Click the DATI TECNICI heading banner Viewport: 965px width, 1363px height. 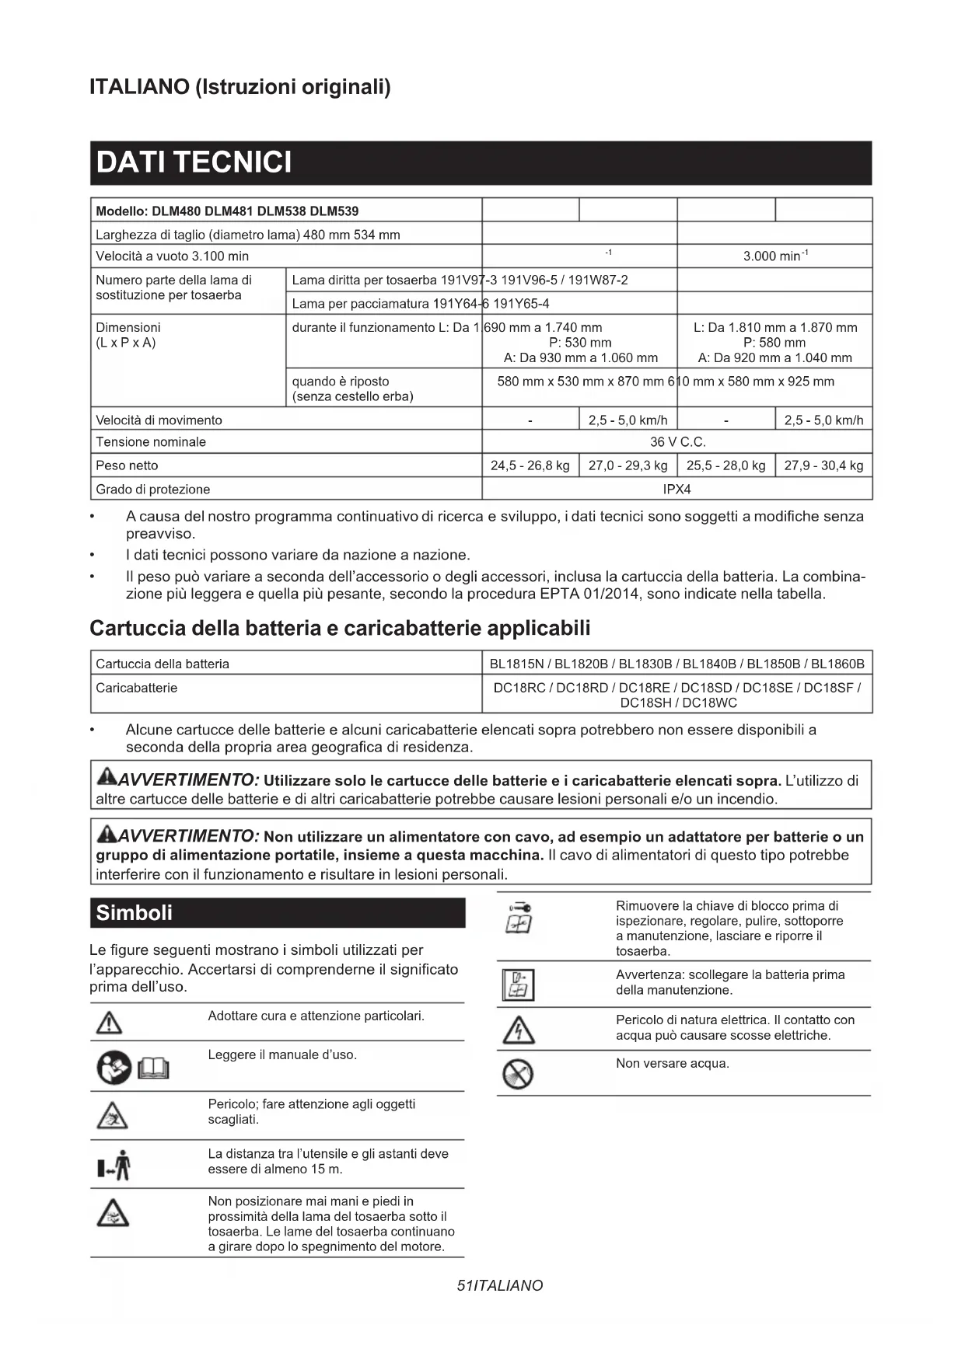coord(481,162)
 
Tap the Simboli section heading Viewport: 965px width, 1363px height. coord(134,912)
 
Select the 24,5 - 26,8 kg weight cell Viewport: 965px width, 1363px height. coord(530,465)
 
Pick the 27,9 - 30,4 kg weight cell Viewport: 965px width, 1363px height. coord(823,465)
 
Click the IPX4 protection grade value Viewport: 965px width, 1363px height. coord(677,489)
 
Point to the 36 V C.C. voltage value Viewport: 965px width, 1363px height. coord(677,442)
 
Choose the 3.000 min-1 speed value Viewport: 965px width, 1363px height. coord(774,256)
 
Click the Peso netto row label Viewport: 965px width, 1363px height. coord(127,465)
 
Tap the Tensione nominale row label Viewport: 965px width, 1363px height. coord(151,442)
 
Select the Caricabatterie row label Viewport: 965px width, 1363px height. coord(136,688)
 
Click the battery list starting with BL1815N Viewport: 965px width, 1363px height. coord(677,664)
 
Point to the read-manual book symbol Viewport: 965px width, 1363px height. coord(153,1070)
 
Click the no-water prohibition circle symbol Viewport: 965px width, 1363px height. coord(518,1074)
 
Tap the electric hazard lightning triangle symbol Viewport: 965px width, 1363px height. coord(518,1030)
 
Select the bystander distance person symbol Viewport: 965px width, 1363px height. coord(114,1165)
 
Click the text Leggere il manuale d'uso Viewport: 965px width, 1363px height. coord(282,1054)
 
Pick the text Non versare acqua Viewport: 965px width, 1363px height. coord(672,1063)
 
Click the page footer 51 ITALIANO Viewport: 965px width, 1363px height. coord(499,1285)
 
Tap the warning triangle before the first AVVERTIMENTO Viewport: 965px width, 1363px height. coord(106,776)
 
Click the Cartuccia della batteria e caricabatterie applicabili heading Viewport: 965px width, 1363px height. coord(340,628)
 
